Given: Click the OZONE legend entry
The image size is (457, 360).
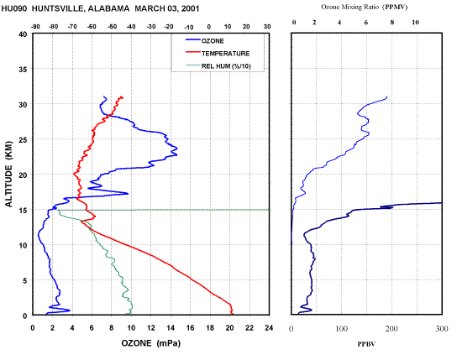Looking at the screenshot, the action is click(205, 41).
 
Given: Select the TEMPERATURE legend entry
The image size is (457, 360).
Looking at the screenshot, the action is click(218, 53).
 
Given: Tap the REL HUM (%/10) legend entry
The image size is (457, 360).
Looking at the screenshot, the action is click(218, 66).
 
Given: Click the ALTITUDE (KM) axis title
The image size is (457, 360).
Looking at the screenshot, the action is click(9, 174).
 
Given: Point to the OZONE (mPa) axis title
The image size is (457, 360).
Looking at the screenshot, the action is click(151, 343).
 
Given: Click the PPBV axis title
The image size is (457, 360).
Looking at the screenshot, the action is click(366, 344).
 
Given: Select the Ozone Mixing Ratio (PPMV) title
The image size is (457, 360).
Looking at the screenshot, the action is click(365, 7).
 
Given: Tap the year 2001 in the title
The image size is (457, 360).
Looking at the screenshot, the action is click(191, 8).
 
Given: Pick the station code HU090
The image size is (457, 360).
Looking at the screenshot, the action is click(14, 8).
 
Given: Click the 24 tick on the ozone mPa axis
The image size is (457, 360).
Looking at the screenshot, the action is click(269, 328).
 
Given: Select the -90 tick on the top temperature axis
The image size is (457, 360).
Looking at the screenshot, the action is click(35, 27).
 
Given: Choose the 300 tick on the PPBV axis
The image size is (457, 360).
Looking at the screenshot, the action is click(442, 329).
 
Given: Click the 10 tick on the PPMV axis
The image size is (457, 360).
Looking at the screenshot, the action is click(415, 23).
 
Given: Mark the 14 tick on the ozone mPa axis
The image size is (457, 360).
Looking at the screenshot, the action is click(171, 328).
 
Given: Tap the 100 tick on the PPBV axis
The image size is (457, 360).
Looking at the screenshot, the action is click(341, 329).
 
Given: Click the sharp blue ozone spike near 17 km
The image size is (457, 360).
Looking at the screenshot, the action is click(128, 193).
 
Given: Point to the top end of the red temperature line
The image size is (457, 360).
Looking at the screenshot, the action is click(123, 97).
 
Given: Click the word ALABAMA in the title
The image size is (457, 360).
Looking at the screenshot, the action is click(108, 8).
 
